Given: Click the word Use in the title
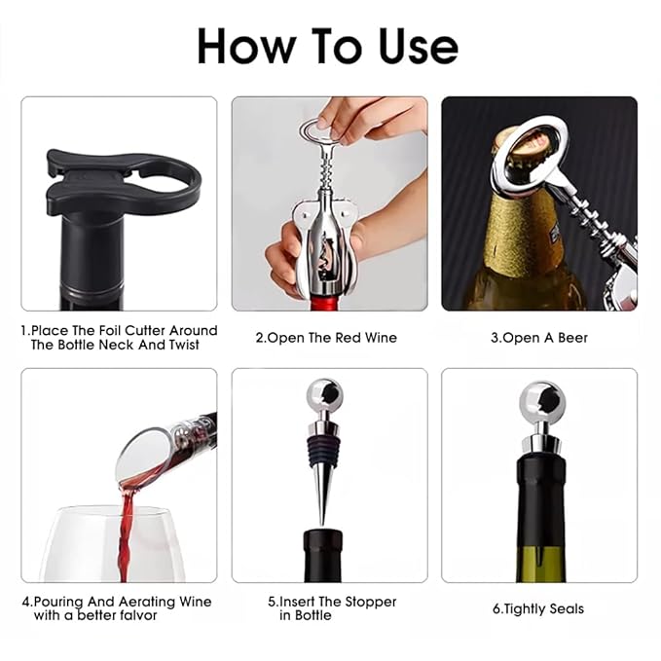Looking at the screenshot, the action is tap(419, 46).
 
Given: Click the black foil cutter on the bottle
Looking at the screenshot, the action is tap(123, 181).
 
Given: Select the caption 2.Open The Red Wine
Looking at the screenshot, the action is tap(326, 338).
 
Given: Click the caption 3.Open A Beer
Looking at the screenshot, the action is tap(539, 338).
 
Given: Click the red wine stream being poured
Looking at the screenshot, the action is tap(127, 535).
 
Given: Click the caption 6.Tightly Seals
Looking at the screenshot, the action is tap(538, 608).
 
